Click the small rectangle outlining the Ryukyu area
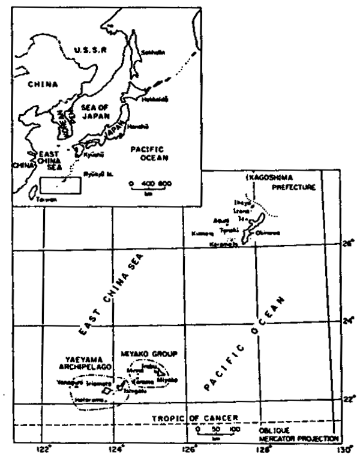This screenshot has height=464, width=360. pos(59,185)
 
